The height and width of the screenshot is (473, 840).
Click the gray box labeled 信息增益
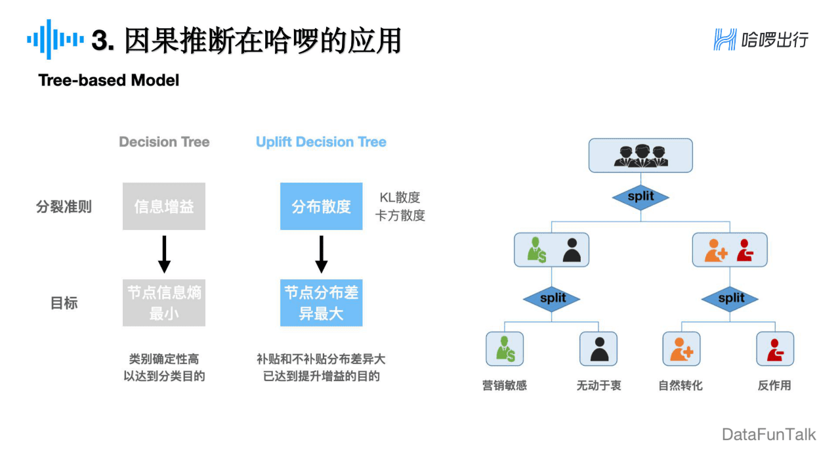coord(164,206)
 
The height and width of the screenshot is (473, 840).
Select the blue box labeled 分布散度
coord(321,206)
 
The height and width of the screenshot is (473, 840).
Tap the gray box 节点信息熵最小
coord(164,303)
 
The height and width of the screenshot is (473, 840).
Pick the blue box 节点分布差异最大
coord(321,303)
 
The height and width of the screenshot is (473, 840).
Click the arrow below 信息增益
coord(164,254)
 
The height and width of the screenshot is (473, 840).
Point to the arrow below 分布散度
coord(321,254)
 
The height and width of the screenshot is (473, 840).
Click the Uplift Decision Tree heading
coord(321,142)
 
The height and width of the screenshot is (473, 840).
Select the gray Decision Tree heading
coord(164,142)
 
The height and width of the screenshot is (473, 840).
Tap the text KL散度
coord(400,197)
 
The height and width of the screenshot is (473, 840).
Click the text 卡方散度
coord(400,215)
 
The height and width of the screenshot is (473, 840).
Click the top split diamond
coord(640,196)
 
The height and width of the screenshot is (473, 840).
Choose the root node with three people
coord(640,155)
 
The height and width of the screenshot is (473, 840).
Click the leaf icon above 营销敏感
coord(505,349)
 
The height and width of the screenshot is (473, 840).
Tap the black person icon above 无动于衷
coord(598,349)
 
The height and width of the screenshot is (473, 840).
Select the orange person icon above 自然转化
coord(681,349)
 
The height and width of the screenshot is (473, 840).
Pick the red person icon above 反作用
coord(775,349)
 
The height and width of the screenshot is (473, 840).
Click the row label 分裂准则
coord(64,207)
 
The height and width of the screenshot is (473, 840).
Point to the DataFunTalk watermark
coord(768,434)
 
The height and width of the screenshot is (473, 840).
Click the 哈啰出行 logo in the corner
coord(761,39)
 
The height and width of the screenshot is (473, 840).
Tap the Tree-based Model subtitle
coord(109,80)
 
